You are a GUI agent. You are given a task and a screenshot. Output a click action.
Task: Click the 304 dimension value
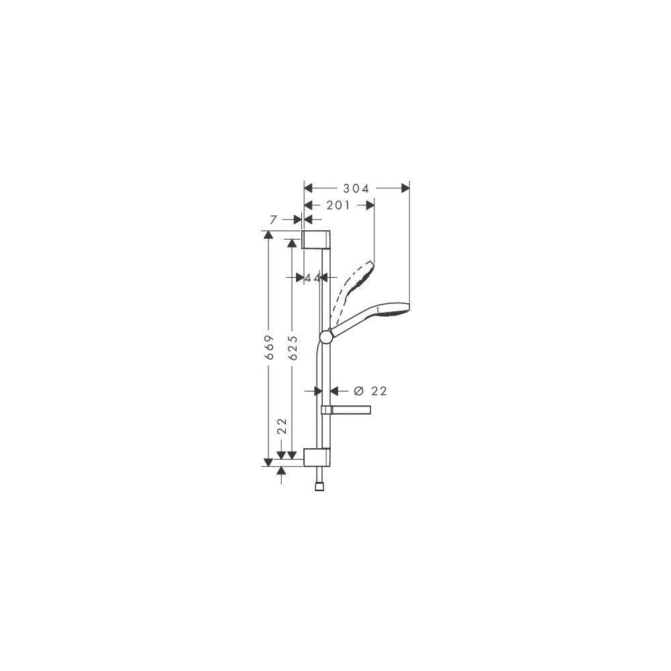356,189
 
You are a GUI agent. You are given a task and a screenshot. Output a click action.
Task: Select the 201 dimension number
338,205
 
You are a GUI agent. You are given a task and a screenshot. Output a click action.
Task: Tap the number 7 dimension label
274,219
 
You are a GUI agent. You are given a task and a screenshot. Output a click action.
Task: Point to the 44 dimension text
313,278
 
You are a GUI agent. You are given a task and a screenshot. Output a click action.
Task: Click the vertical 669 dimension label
270,347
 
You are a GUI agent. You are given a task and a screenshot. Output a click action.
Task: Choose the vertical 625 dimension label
293,347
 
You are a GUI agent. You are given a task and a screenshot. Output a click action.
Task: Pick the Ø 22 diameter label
370,391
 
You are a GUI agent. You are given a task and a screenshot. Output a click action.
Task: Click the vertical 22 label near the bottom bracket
282,426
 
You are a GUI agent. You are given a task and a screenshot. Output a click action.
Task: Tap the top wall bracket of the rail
316,240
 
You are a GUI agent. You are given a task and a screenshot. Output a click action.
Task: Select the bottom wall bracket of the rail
317,457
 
